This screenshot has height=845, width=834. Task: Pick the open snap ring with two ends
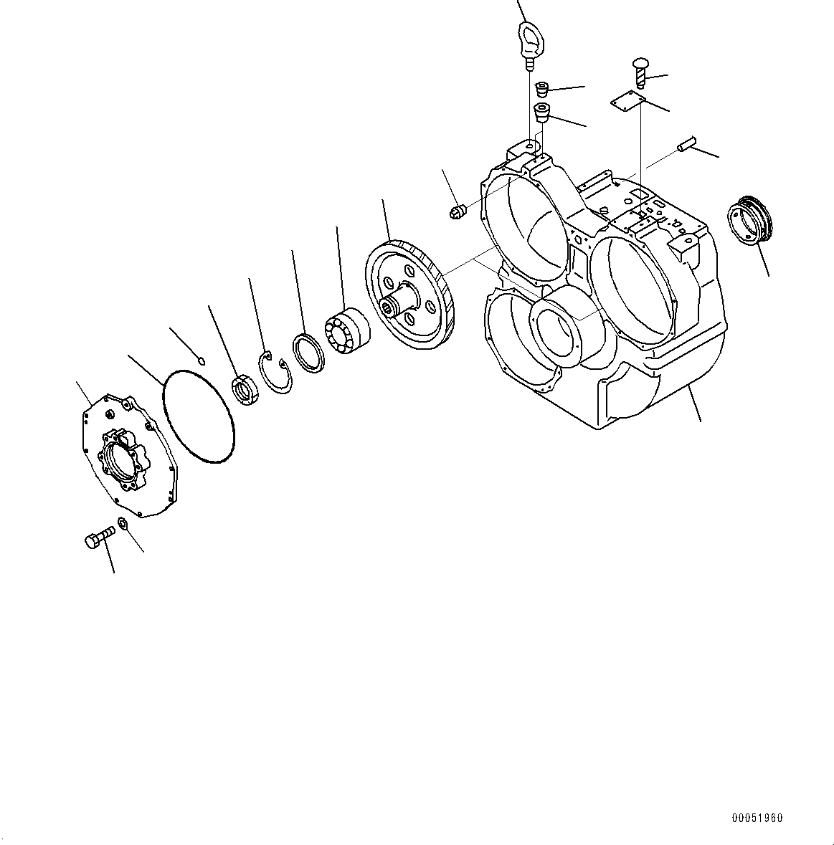[x=275, y=372]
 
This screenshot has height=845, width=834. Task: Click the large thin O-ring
[x=198, y=416]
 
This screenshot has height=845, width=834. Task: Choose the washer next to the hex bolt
[x=123, y=522]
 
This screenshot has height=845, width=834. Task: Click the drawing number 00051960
[x=757, y=818]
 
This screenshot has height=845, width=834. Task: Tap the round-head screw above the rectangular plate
[x=640, y=71]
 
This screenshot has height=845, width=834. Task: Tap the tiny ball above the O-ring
[x=201, y=360]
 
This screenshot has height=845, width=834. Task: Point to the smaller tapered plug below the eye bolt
[x=541, y=88]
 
